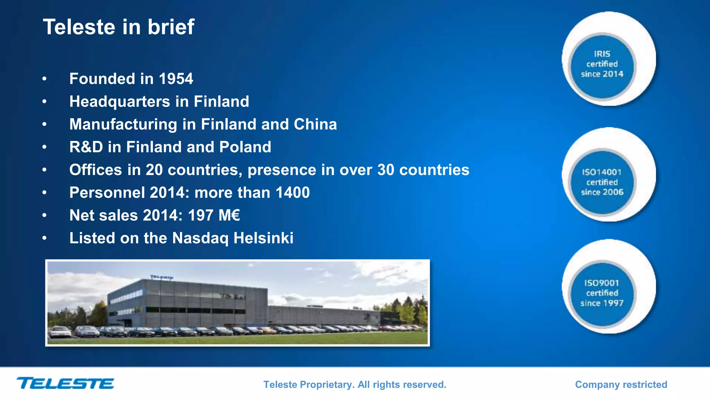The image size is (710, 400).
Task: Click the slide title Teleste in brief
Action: [x=118, y=27]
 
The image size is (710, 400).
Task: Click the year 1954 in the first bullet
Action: [x=176, y=79]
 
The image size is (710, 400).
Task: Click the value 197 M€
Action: [x=214, y=216]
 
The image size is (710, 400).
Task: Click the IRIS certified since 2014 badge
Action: [x=602, y=65]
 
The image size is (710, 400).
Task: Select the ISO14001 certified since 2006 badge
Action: [x=602, y=182]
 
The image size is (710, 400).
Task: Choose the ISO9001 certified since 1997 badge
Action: [x=602, y=293]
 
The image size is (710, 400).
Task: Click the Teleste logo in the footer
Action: [x=65, y=383]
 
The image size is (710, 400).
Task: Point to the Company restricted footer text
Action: [x=621, y=385]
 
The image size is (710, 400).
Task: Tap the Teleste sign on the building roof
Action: [x=162, y=277]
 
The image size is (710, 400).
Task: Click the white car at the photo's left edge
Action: [x=59, y=332]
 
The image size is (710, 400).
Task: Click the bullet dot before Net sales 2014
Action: [x=44, y=216]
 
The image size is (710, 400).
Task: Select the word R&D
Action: [x=86, y=147]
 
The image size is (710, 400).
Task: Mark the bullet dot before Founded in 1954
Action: [x=44, y=79]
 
